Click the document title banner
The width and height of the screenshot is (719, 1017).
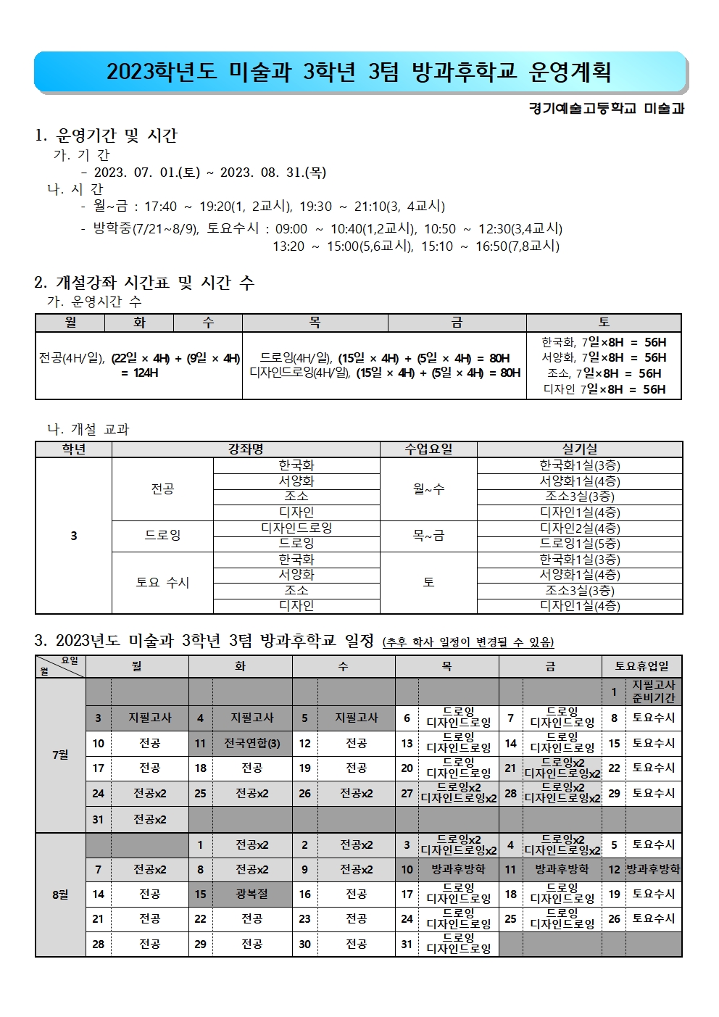point(359,72)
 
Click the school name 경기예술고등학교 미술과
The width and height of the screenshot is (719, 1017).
point(606,109)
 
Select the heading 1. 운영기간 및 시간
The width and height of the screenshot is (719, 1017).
point(106,136)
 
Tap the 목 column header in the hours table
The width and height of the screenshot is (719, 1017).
point(315,323)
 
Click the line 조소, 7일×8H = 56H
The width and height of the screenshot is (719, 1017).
point(604,373)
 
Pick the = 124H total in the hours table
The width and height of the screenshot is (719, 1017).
point(139,373)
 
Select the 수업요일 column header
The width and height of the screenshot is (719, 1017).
point(428,449)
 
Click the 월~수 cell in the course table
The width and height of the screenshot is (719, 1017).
point(428,489)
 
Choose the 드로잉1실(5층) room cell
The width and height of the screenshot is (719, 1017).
point(580,544)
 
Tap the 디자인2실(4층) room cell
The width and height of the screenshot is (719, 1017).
point(580,528)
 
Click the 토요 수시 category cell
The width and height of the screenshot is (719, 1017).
point(162,583)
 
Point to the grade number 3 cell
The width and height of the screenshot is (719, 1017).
point(73,536)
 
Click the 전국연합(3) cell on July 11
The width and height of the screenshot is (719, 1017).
point(252,743)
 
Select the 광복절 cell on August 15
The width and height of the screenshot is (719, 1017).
point(252,894)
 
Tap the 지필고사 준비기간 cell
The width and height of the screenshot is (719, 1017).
point(653,692)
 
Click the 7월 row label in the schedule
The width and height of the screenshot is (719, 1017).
point(60,755)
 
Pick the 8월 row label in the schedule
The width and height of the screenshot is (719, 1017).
point(60,894)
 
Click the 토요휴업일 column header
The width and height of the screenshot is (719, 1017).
point(641,666)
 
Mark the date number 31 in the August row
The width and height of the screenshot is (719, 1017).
point(407,944)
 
